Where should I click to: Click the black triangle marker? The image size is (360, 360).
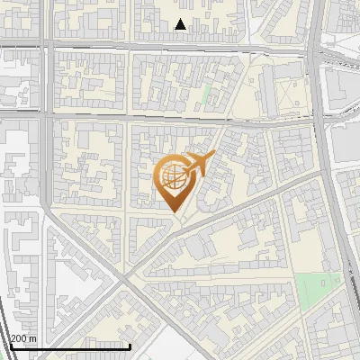click(181, 24)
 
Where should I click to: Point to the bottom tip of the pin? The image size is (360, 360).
click(174, 212)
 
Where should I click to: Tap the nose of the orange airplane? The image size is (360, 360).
click(214, 156)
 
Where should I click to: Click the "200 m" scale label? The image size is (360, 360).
click(23, 337)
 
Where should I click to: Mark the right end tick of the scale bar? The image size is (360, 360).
click(131, 345)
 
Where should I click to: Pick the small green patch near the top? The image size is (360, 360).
click(207, 93)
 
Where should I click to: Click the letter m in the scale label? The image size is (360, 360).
click(33, 337)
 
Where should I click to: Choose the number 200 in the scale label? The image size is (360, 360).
click(19, 337)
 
